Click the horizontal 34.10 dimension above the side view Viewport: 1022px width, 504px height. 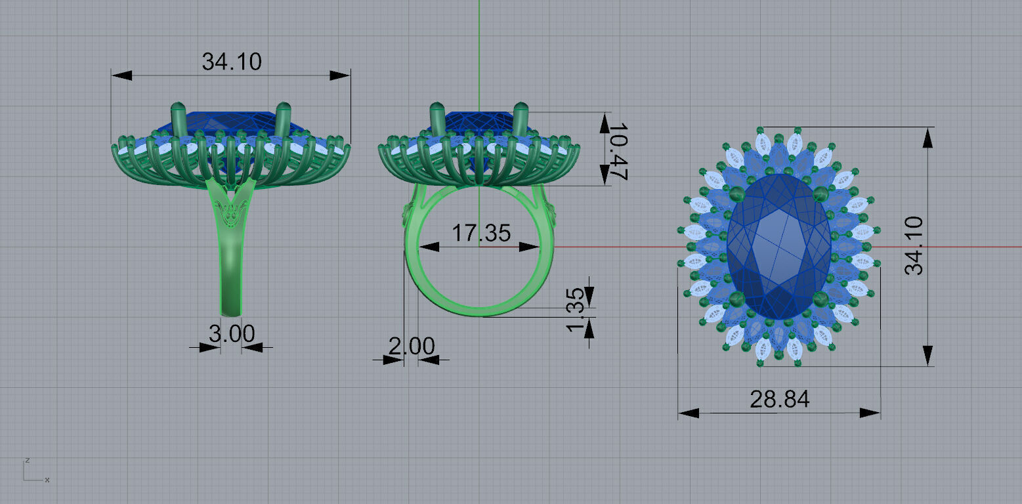tap(231, 62)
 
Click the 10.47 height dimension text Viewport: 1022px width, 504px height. tap(616, 150)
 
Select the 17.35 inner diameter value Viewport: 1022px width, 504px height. tap(480, 232)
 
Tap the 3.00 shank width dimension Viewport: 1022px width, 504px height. tap(231, 333)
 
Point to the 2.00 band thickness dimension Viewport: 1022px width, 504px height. tap(411, 346)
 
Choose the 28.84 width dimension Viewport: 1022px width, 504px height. tap(779, 399)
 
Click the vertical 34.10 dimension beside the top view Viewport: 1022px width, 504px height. tap(914, 245)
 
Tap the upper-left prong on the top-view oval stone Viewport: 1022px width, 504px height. tap(736, 194)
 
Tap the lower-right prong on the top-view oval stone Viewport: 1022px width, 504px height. tap(820, 300)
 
